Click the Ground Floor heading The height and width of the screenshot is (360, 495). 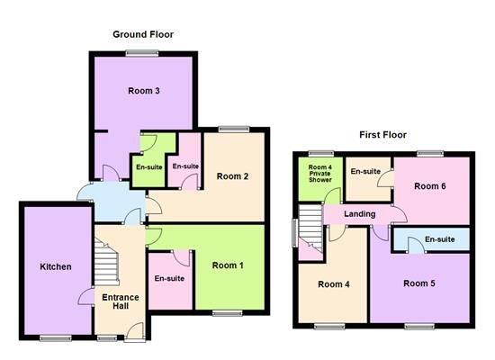click(143, 34)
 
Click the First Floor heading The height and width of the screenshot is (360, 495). click(382, 135)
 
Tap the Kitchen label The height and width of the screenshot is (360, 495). click(56, 266)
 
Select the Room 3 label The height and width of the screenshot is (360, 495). click(144, 91)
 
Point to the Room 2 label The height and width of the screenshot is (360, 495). click(232, 176)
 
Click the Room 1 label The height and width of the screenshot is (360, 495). click(228, 265)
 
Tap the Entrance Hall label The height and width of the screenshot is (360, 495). click(121, 301)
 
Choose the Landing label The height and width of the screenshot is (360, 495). click(360, 214)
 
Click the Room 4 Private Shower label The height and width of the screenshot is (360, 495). click(320, 174)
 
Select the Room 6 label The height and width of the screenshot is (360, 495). click(430, 186)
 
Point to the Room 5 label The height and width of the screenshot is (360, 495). click(419, 283)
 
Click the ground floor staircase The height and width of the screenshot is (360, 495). click(106, 262)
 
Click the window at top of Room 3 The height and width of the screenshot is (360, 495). click(141, 53)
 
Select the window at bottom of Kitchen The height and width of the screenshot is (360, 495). click(56, 338)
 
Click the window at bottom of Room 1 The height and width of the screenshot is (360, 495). click(228, 313)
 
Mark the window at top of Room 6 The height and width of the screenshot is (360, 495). click(429, 154)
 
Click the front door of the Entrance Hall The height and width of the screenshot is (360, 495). click(135, 333)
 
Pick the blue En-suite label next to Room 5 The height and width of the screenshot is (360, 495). click(440, 239)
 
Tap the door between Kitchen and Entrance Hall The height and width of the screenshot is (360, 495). click(85, 296)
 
